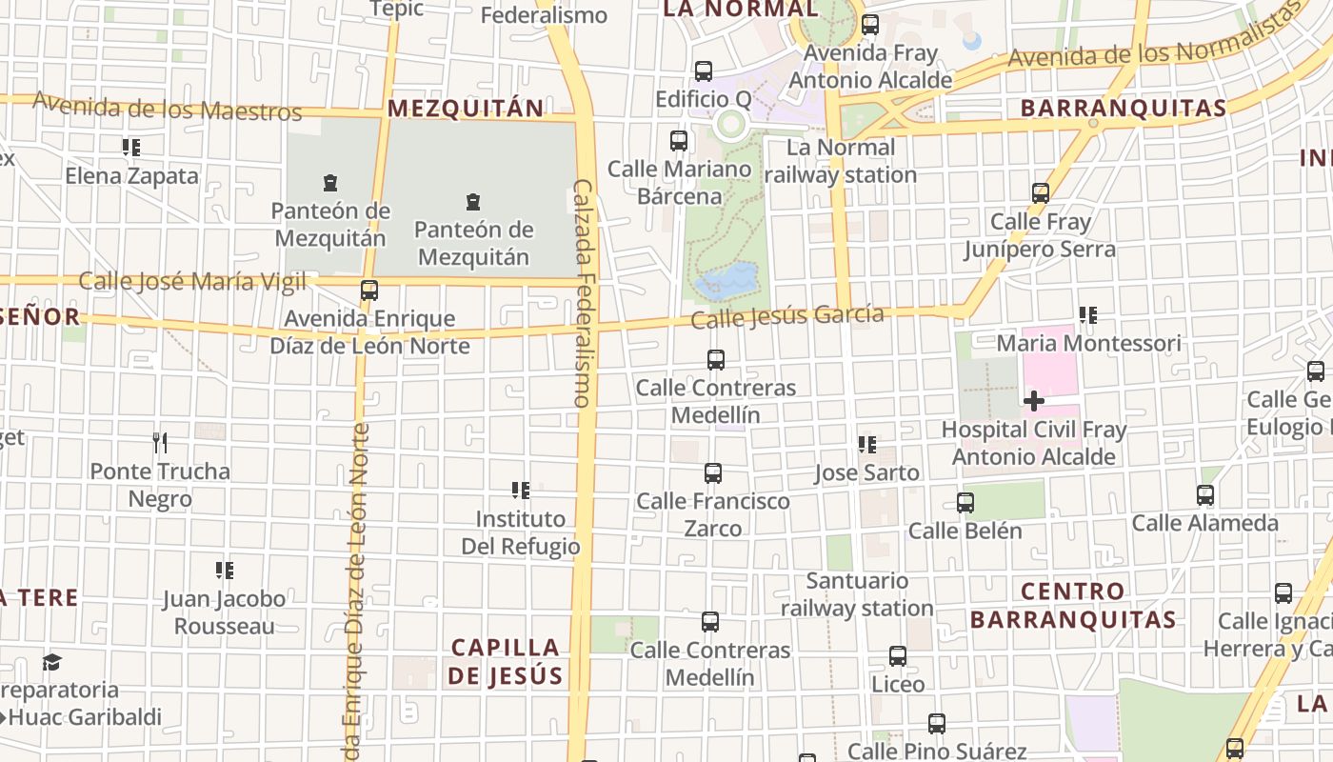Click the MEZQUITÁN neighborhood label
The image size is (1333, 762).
(466, 108)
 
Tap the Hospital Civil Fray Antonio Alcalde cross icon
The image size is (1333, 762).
(1033, 401)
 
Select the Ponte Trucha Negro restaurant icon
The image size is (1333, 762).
(160, 443)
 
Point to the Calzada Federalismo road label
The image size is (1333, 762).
(583, 293)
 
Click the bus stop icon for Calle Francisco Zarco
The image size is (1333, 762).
(712, 472)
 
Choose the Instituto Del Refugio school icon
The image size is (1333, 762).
(521, 491)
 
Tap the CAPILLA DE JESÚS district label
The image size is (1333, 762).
(505, 661)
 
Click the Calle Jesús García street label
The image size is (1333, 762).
(787, 316)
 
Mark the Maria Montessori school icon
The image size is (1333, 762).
(1088, 314)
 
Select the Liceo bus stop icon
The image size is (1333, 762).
(898, 656)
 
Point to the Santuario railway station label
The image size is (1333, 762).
(857, 593)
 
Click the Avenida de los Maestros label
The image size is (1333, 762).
(168, 107)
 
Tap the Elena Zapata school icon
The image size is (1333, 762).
(131, 148)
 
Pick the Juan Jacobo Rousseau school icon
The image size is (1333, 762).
(225, 571)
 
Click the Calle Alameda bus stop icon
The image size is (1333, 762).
(1205, 495)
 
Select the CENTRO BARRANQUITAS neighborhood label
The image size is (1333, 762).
(1073, 605)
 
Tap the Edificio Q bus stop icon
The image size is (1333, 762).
(704, 71)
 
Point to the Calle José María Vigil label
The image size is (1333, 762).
(192, 281)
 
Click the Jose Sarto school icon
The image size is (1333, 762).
(867, 445)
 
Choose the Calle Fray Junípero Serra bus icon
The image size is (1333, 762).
(1041, 193)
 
